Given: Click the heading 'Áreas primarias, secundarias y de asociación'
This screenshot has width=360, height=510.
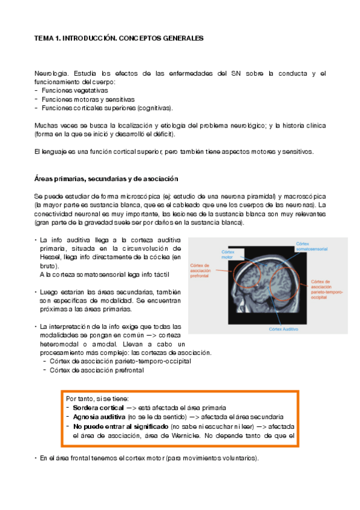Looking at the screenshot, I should (106, 179).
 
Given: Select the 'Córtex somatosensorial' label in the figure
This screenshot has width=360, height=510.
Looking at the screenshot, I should (311, 246).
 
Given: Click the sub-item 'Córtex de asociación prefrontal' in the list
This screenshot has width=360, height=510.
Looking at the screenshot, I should (97, 370).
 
